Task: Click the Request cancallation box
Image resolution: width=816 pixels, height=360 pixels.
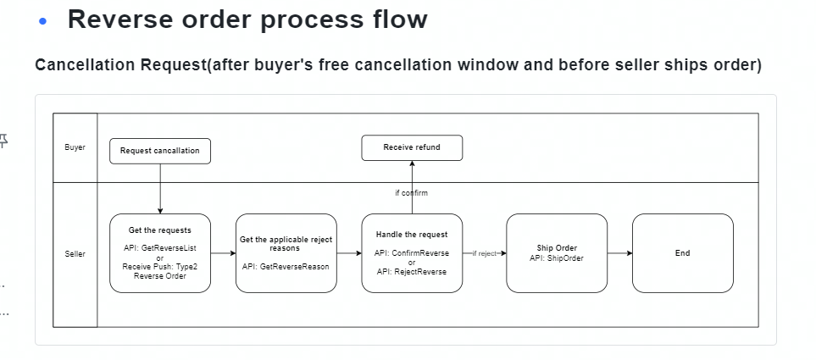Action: [160, 151]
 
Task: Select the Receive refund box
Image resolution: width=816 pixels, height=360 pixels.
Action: [412, 147]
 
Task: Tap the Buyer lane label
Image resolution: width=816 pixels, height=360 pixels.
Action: [75, 147]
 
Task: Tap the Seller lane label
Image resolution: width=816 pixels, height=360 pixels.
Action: [75, 254]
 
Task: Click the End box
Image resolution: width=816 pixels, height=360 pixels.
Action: [683, 253]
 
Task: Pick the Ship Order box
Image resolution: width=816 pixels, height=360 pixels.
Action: [557, 253]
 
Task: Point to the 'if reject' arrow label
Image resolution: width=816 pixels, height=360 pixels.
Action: [484, 253]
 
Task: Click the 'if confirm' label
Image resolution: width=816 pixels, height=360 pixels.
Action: [412, 193]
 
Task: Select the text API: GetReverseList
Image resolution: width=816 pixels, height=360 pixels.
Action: [160, 248]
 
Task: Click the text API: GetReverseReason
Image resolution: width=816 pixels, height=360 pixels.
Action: [286, 266]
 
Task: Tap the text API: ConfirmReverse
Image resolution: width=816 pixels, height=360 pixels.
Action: [412, 253]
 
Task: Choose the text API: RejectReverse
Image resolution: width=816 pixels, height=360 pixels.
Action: [412, 272]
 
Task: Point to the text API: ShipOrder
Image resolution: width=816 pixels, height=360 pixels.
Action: [557, 258]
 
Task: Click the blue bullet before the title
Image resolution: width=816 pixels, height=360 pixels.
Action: [42, 22]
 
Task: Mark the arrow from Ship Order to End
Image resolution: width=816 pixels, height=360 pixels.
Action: [619, 253]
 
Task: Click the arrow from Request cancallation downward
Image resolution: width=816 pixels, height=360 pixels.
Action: [160, 189]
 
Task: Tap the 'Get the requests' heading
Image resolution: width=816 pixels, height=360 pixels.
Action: [160, 230]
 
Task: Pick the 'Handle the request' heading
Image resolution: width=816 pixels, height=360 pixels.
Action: [412, 235]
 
